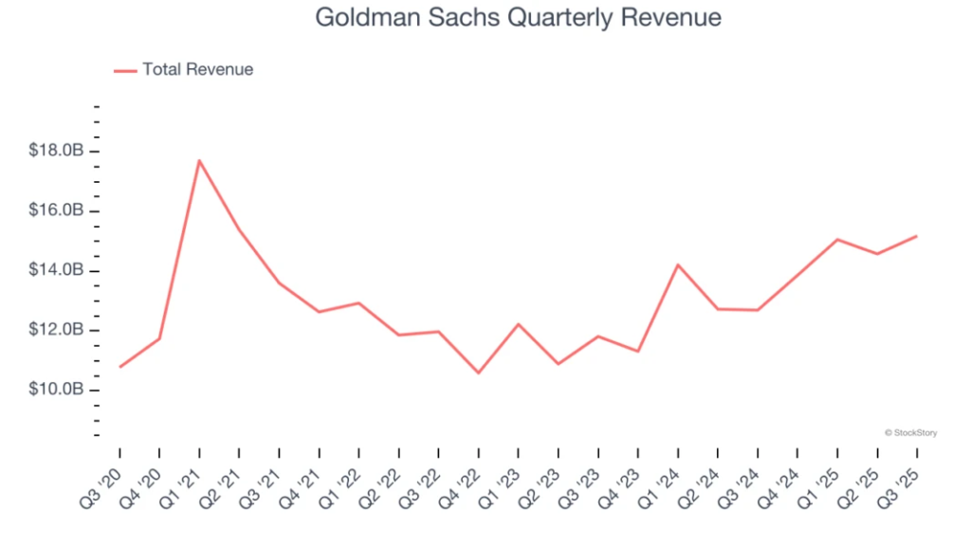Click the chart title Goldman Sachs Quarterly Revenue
tap(518, 18)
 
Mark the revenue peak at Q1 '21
tap(199, 160)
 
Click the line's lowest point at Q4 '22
tap(478, 373)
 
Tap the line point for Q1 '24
tap(677, 264)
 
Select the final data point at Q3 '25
tap(916, 236)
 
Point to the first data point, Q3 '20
tap(119, 367)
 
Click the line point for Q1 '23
tap(518, 324)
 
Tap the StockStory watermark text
tap(911, 432)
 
